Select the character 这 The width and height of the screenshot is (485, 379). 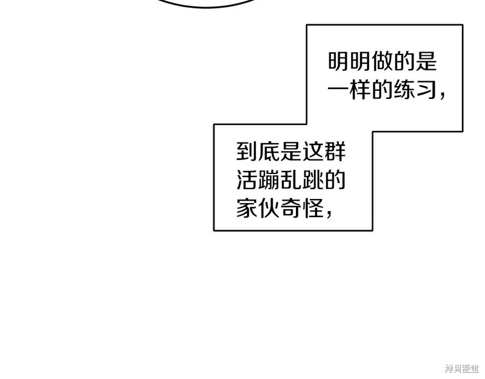point(313,151)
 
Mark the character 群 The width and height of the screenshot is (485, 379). point(335,151)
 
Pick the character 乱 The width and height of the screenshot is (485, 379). point(291,179)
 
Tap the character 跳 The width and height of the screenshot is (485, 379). point(313,179)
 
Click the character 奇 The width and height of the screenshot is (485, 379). point(291,207)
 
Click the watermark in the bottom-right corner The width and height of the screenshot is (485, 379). point(462,369)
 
